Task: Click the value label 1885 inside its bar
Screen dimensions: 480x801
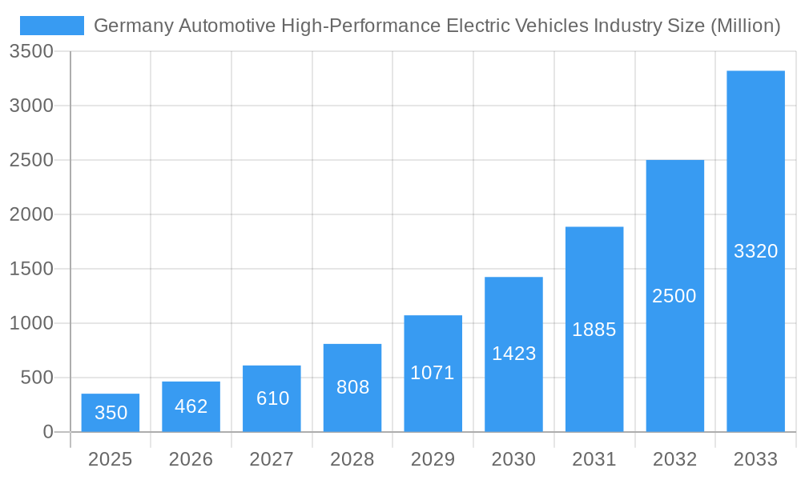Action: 594,330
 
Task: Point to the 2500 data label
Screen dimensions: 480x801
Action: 674,296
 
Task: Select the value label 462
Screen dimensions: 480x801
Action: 191,406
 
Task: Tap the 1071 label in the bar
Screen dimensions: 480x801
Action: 433,373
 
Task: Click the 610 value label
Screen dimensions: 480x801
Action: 272,398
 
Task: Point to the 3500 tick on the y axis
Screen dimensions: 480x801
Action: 31,52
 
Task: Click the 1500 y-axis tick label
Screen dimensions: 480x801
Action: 31,269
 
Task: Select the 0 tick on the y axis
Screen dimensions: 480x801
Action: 47,432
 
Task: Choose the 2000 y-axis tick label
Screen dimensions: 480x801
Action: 31,214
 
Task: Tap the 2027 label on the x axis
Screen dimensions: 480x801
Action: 272,459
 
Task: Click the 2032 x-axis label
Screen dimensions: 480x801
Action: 674,459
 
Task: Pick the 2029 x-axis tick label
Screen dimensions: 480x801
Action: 433,459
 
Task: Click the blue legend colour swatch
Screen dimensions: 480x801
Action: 52,26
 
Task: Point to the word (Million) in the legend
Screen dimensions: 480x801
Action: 745,26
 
